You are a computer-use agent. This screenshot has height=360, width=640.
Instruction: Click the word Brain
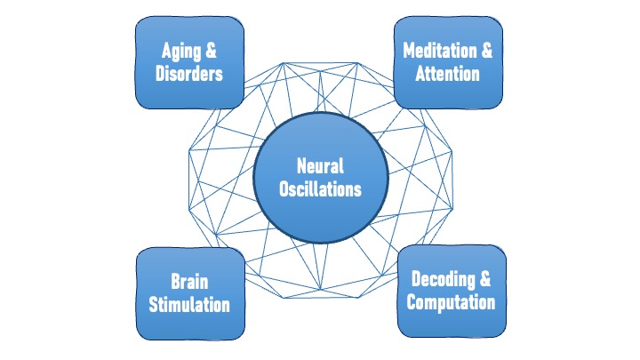[189, 282]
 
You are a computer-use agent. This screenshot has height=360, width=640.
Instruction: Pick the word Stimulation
[189, 305]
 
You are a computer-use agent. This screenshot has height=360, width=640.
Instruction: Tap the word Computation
[450, 302]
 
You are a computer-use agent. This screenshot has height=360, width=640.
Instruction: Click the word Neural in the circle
[320, 165]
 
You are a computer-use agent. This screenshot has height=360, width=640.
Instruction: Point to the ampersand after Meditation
[485, 50]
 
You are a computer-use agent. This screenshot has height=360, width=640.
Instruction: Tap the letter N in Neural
[300, 165]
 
